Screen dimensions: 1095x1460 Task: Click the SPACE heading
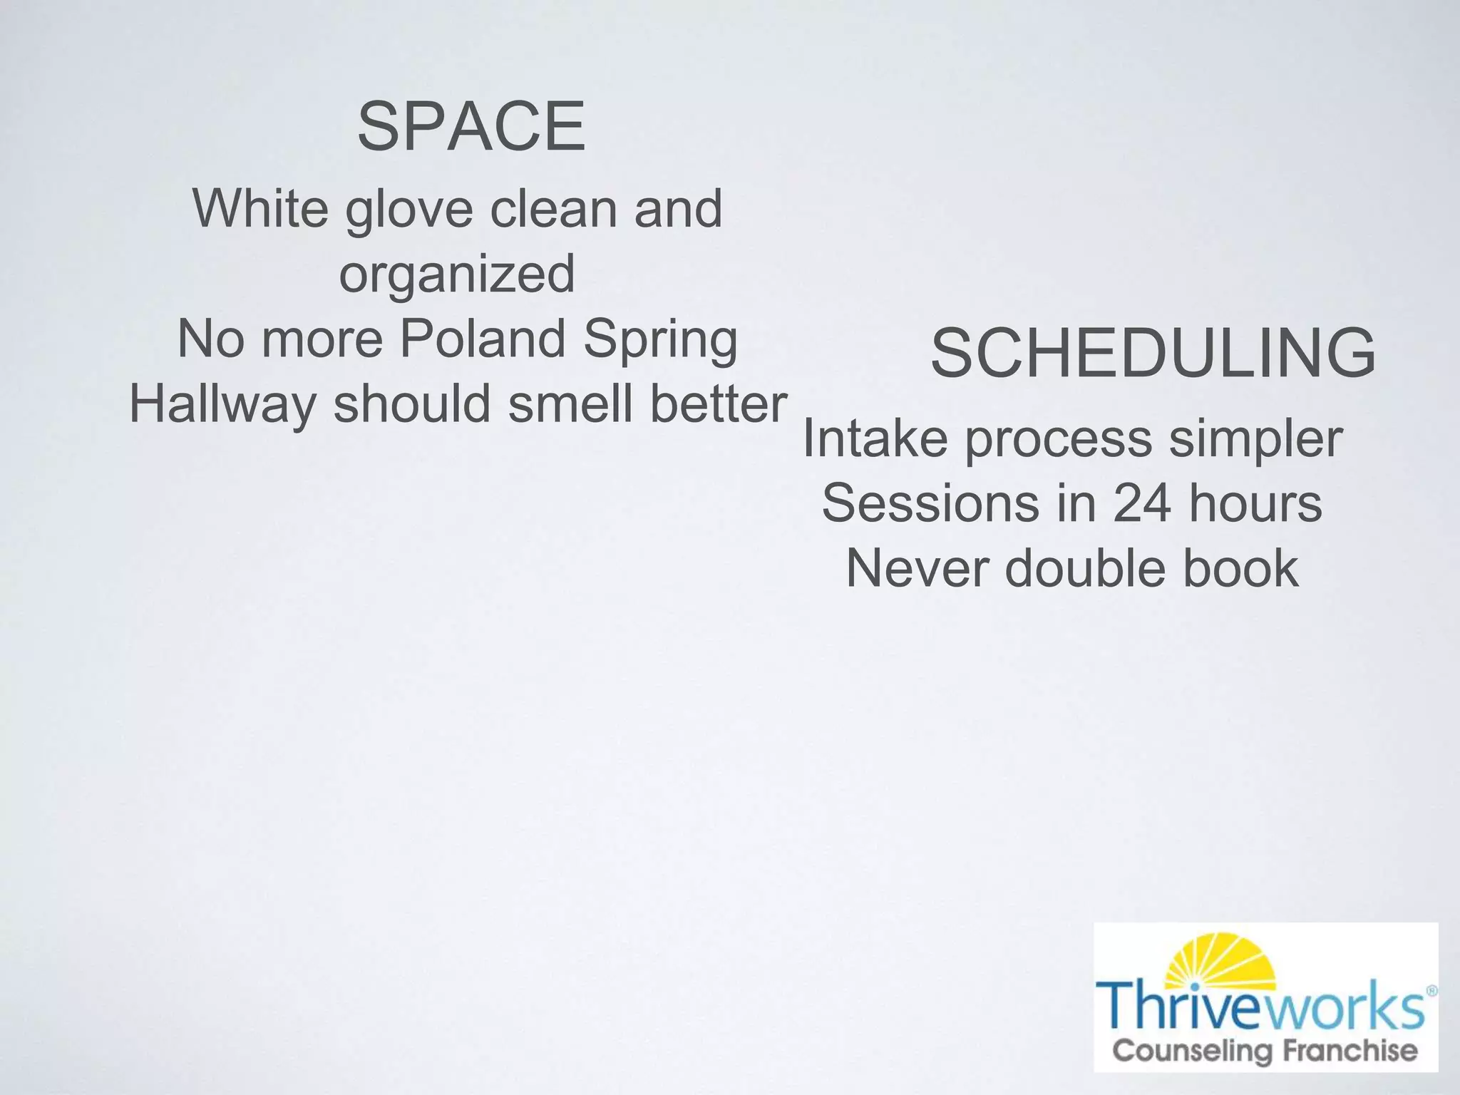(471, 127)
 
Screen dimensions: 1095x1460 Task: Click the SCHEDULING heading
(1153, 352)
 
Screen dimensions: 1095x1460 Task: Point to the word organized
(457, 275)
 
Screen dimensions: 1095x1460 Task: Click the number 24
(1141, 503)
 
